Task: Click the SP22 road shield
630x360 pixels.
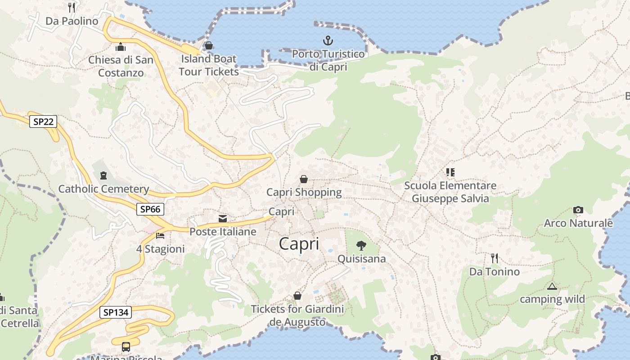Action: tap(43, 121)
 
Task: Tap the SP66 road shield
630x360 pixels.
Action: tap(150, 209)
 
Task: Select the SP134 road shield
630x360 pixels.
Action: tap(116, 312)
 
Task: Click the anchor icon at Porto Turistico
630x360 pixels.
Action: tap(328, 41)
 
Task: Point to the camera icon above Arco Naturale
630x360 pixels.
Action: tap(578, 210)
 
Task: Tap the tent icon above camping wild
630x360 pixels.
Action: tap(552, 286)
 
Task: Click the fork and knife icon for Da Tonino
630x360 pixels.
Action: tap(495, 258)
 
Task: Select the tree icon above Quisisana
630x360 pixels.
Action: tap(361, 245)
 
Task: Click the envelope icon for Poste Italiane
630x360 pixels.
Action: tap(223, 219)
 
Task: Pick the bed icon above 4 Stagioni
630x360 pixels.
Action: tap(160, 235)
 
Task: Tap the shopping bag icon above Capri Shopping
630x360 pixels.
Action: tap(304, 179)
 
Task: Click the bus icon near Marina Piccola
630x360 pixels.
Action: tap(126, 347)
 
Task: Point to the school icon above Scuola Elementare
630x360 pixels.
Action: tap(450, 172)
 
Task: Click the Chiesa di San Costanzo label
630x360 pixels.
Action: tap(121, 66)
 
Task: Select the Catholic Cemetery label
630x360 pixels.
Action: tap(103, 189)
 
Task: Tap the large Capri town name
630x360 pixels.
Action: tap(299, 244)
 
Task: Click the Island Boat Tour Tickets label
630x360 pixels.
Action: tap(209, 65)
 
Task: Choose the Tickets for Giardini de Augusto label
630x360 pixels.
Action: tap(297, 315)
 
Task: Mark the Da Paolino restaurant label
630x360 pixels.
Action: tap(72, 21)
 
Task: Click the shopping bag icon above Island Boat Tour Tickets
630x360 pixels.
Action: tap(208, 45)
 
